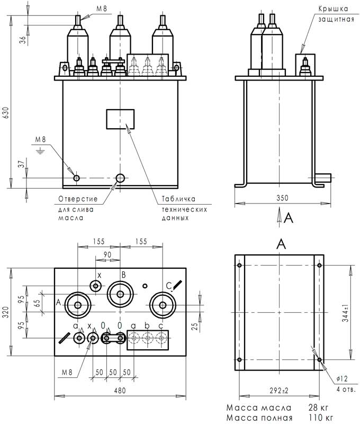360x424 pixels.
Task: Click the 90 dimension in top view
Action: click(107, 255)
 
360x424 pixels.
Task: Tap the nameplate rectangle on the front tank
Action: click(121, 119)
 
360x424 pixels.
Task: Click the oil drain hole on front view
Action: click(121, 178)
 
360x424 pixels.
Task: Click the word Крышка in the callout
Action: click(332, 9)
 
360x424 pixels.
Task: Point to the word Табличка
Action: click(179, 199)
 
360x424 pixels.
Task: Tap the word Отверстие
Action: click(77, 199)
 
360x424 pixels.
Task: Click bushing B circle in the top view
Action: click(121, 293)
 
